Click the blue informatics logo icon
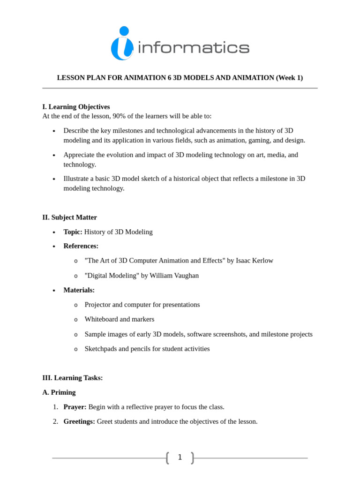[x=122, y=44]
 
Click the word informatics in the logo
[x=194, y=47]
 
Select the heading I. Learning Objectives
[x=76, y=107]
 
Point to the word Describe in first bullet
[x=76, y=130]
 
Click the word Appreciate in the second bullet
[x=78, y=155]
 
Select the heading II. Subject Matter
[x=69, y=217]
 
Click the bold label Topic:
[x=73, y=232]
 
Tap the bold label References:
[x=81, y=246]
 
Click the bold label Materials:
[x=79, y=290]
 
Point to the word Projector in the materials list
[x=98, y=305]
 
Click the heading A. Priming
[x=59, y=392]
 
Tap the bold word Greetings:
[x=79, y=421]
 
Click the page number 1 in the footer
[x=180, y=457]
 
